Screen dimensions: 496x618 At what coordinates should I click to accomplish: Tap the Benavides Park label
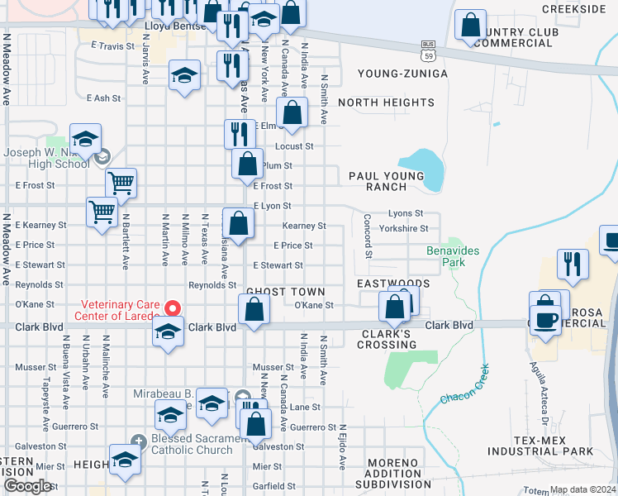(x=447, y=256)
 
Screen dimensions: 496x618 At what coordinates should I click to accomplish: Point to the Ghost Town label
(x=285, y=292)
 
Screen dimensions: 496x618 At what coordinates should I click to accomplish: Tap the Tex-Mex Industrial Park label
(x=540, y=445)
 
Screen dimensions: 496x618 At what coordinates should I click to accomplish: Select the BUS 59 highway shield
(x=427, y=51)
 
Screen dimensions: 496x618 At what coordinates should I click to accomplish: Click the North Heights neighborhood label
(x=386, y=103)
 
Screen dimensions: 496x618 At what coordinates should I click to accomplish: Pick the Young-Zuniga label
(x=402, y=74)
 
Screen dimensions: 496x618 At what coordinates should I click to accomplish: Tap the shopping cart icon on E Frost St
(x=121, y=184)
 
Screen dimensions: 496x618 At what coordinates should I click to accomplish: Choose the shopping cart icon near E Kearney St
(x=102, y=213)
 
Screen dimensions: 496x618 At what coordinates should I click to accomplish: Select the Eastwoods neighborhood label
(x=393, y=283)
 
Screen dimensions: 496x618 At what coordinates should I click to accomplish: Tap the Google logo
(x=27, y=486)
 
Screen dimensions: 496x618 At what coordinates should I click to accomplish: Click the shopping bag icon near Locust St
(x=292, y=113)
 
